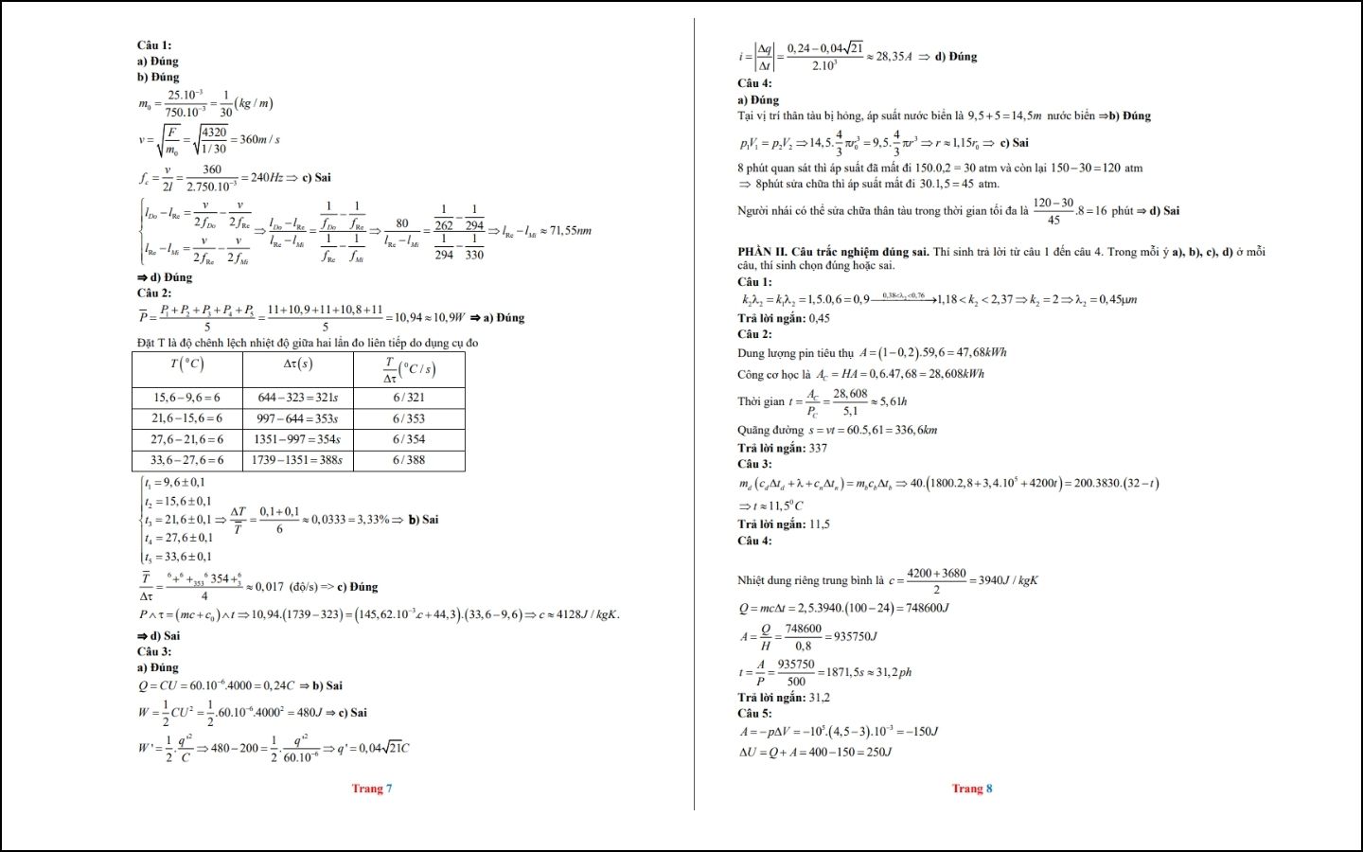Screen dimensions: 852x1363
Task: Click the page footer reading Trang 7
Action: pos(372,789)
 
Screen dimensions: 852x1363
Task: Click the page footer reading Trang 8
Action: pos(972,789)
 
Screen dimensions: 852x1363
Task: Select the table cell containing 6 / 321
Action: pos(409,398)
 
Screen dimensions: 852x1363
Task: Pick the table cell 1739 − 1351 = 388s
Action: pos(297,460)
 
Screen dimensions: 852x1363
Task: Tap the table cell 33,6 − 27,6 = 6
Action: pos(186,460)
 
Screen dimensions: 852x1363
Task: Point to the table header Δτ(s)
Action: pos(297,364)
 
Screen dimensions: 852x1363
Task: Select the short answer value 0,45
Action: pos(819,318)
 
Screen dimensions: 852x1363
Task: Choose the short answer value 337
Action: pos(818,448)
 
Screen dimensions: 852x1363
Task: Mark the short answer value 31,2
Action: pos(819,698)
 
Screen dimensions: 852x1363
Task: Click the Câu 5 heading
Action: pos(754,713)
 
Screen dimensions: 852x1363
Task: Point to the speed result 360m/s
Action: pos(259,139)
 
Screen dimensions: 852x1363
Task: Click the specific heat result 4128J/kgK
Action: pos(584,614)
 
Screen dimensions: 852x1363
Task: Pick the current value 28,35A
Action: pos(894,57)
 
